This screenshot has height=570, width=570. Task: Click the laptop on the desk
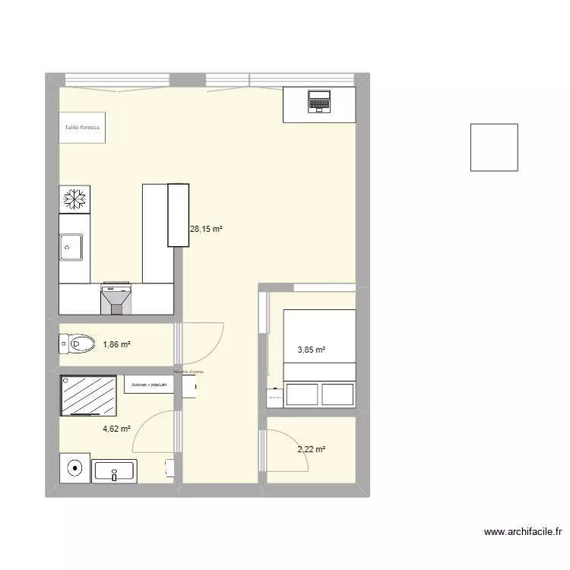tap(319, 100)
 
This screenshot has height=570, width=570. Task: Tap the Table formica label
tap(82, 128)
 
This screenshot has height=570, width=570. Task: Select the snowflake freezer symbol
tap(74, 199)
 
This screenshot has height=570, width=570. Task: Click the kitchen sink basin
tap(71, 246)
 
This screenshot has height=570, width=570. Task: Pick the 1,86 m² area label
tap(116, 344)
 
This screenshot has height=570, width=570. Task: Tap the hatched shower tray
tap(89, 395)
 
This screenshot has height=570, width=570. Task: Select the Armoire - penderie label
tap(149, 385)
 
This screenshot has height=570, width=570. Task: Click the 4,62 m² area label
tap(116, 429)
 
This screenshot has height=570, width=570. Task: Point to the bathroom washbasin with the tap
tap(114, 471)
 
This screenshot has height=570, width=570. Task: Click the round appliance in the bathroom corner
tap(74, 467)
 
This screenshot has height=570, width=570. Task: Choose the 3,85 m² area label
tap(311, 350)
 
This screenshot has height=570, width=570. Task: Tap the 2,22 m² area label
tap(311, 449)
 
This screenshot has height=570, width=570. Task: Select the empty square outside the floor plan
tap(494, 147)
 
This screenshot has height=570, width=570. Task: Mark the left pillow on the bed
tap(300, 394)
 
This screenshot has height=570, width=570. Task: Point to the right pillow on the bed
tap(337, 394)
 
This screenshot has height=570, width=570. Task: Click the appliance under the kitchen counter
tap(116, 298)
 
